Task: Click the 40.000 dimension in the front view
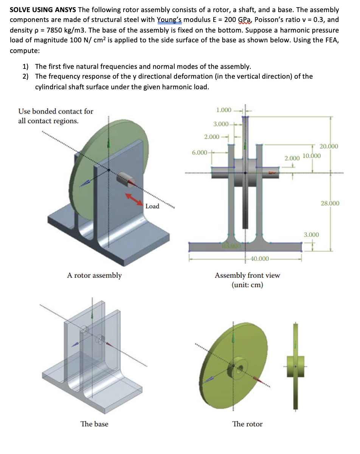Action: (259, 258)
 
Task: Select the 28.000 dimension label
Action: (330, 203)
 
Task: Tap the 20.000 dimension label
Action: (329, 146)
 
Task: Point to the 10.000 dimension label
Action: (312, 156)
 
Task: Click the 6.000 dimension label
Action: (199, 152)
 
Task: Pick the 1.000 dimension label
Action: (223, 110)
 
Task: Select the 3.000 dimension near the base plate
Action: (311, 235)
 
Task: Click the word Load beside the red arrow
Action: (152, 206)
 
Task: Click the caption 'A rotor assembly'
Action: (94, 275)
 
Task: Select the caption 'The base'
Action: (94, 424)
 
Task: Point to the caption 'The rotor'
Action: (247, 424)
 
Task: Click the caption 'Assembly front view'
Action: (247, 275)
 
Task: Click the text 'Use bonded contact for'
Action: (56, 111)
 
